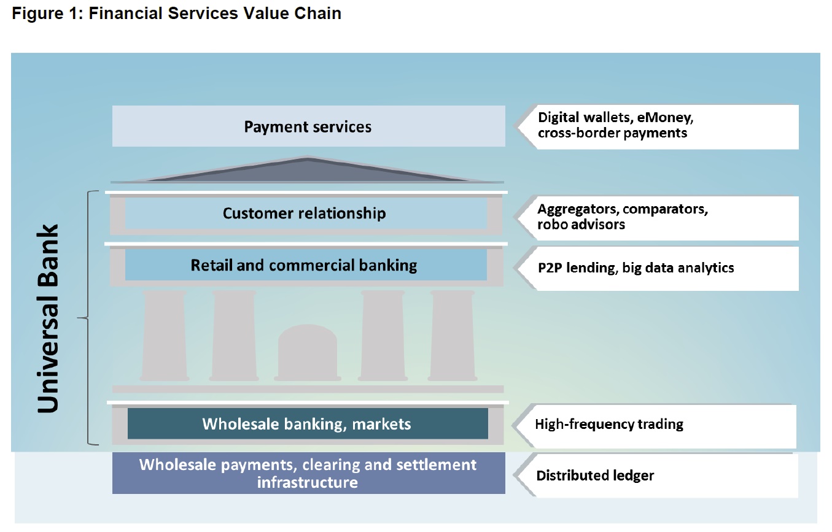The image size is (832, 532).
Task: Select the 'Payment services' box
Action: pyautogui.click(x=308, y=126)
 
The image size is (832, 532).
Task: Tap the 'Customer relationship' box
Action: pyautogui.click(x=306, y=213)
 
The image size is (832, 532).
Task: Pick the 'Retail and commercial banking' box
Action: pyautogui.click(x=306, y=264)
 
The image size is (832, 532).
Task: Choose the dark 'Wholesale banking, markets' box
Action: pyautogui.click(x=308, y=423)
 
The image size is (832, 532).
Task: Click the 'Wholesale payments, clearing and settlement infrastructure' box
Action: pyautogui.click(x=308, y=473)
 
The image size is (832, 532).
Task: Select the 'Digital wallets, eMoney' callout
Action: pyautogui.click(x=658, y=127)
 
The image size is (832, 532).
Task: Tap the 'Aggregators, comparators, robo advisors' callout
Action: pyautogui.click(x=658, y=218)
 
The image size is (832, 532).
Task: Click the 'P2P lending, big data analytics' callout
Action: pyautogui.click(x=658, y=268)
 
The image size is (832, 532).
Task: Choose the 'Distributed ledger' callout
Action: pyautogui.click(x=656, y=476)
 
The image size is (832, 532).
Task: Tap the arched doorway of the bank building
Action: pyautogui.click(x=308, y=352)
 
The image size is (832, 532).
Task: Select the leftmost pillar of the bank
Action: pyautogui.click(x=165, y=336)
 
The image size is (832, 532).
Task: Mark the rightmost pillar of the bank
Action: pyautogui.click(x=453, y=336)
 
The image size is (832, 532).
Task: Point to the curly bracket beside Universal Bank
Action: pyautogui.click(x=88, y=318)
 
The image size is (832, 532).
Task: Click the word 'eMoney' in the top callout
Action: pyautogui.click(x=665, y=118)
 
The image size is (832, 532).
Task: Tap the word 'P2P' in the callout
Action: pyautogui.click(x=550, y=268)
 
